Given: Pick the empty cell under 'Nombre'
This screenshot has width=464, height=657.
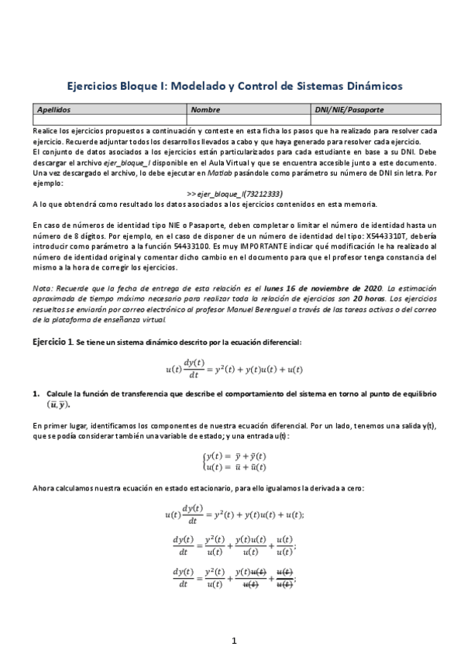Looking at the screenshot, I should [248, 120].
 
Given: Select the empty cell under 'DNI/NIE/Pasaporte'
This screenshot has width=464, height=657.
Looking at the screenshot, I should [375, 120].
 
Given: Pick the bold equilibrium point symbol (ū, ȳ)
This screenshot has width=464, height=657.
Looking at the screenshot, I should [53, 404].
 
